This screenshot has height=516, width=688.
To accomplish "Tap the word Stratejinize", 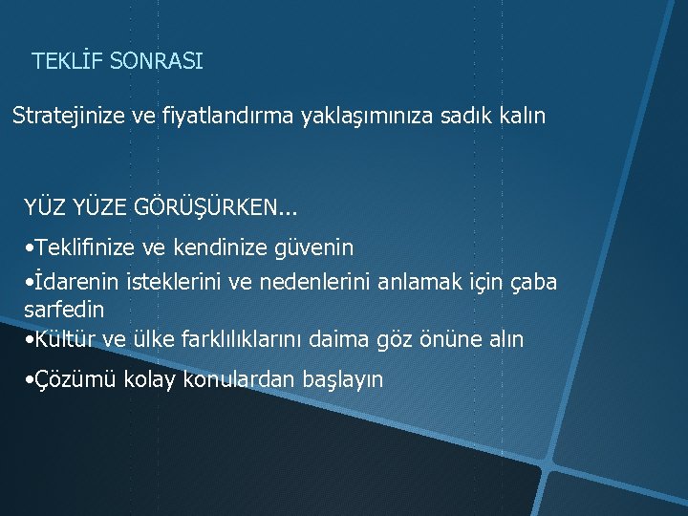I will click(69, 117).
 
